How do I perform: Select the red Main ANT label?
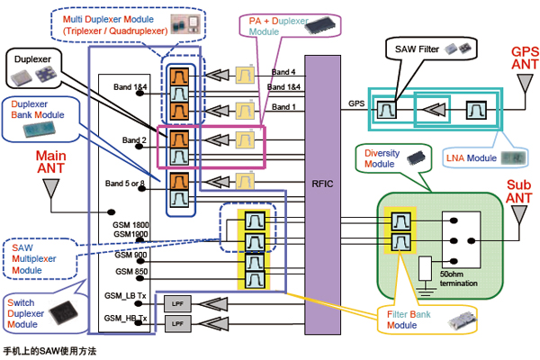(51, 161)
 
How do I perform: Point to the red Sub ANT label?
(517, 190)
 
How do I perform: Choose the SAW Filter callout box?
(428, 45)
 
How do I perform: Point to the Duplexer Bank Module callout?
(40, 118)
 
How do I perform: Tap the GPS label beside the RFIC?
(355, 104)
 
